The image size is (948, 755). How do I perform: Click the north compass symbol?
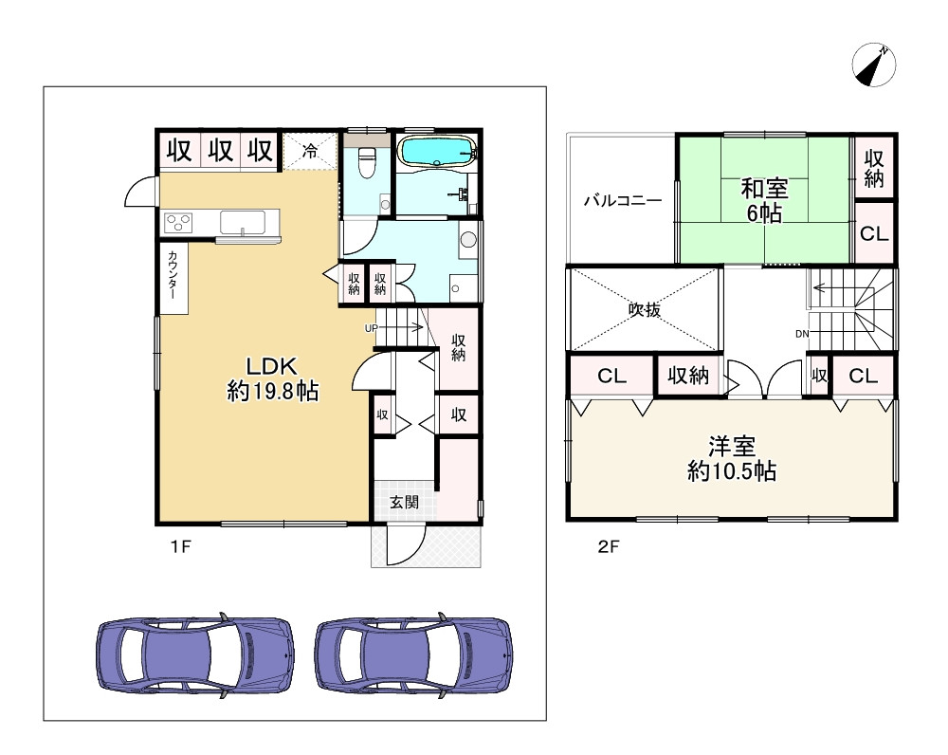[874, 64]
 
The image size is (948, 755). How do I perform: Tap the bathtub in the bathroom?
[437, 150]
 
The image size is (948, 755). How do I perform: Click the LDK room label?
[272, 379]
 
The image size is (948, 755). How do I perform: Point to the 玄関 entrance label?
[404, 502]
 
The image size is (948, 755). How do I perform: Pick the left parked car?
[195, 655]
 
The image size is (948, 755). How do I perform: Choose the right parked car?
[413, 655]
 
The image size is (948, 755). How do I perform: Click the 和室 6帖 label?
[764, 201]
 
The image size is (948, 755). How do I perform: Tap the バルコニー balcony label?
[623, 200]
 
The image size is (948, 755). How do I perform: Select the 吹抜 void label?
[645, 310]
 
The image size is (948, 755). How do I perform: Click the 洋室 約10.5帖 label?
[732, 459]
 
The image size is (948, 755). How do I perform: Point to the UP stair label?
[371, 328]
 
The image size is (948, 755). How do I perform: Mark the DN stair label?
[802, 334]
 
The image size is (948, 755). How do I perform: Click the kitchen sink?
[242, 222]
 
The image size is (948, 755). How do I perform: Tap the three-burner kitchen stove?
[178, 223]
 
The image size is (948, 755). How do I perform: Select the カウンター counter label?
[173, 276]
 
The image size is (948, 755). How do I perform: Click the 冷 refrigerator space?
[310, 151]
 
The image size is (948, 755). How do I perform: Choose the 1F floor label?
[180, 547]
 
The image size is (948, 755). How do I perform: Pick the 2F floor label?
[609, 547]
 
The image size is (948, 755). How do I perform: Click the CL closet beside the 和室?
[874, 233]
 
